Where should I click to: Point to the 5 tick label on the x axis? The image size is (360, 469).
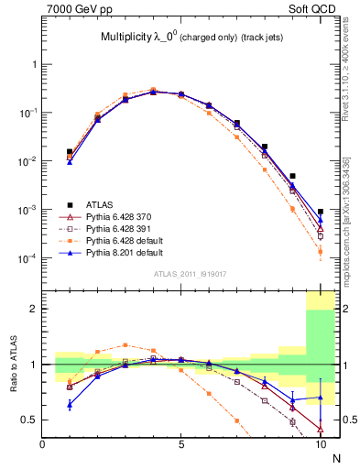[x=181, y=444]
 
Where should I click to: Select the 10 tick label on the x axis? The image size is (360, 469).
[x=320, y=444]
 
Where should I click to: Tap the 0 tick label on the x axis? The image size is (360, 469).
[x=42, y=444]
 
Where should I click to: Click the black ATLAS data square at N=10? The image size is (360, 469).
[x=321, y=212]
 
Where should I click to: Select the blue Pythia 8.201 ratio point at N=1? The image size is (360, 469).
[x=70, y=403]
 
